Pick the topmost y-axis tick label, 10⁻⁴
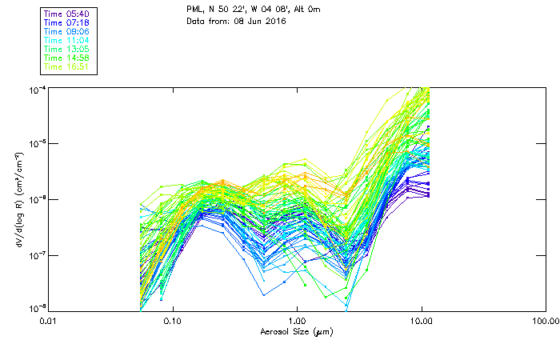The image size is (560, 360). point(35,89)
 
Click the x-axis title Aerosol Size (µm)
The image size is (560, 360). point(295,330)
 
